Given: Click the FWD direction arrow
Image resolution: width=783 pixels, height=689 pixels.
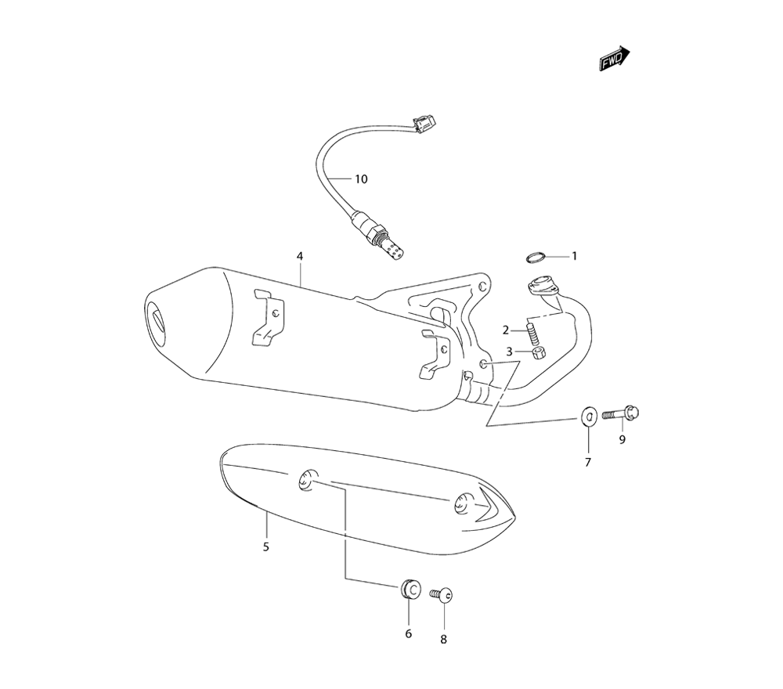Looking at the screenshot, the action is [614, 60].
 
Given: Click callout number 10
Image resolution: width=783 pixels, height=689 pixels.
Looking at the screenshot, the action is [361, 179].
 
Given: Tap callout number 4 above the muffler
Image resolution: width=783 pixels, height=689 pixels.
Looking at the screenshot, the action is [300, 256].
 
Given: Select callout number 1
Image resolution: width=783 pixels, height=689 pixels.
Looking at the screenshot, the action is [574, 256].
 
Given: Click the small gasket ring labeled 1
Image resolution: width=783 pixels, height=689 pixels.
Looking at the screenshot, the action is [536, 257].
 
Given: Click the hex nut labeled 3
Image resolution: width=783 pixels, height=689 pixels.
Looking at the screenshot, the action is [539, 353].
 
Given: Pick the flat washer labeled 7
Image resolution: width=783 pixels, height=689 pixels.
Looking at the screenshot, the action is [590, 416].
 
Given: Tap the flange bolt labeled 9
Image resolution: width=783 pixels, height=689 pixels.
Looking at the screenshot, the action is [621, 413].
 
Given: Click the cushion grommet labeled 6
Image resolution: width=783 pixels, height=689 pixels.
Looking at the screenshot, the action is [410, 589].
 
